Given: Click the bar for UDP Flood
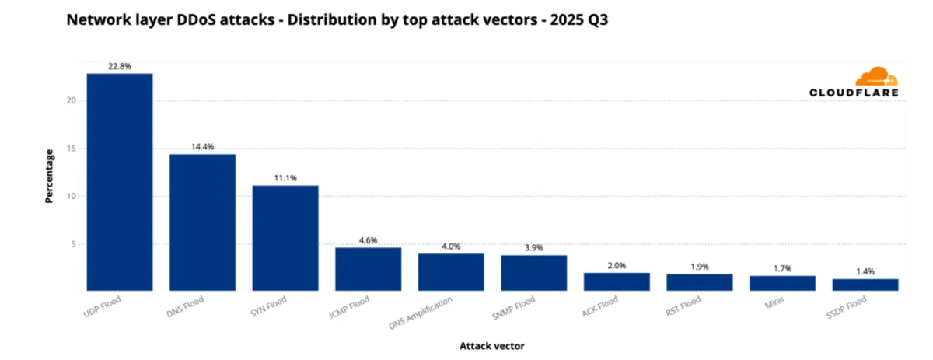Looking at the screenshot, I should click(119, 182).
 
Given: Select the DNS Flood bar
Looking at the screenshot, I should click(202, 222).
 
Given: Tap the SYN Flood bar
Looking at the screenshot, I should click(285, 238).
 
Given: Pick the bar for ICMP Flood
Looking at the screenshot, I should click(368, 269).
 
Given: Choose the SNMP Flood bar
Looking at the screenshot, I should click(533, 273).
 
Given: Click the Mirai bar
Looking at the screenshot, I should click(782, 283).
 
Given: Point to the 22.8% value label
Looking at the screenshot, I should click(119, 67).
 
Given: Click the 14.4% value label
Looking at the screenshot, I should click(202, 147).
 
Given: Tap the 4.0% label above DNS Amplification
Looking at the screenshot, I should click(451, 246).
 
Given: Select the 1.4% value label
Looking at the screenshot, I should click(865, 271).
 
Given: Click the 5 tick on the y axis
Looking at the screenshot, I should click(72, 244).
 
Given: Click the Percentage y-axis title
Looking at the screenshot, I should click(49, 176).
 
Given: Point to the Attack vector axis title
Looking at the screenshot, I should click(491, 345).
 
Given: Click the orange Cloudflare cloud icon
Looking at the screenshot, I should click(876, 77).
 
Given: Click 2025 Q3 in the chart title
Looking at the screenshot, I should click(579, 21).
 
